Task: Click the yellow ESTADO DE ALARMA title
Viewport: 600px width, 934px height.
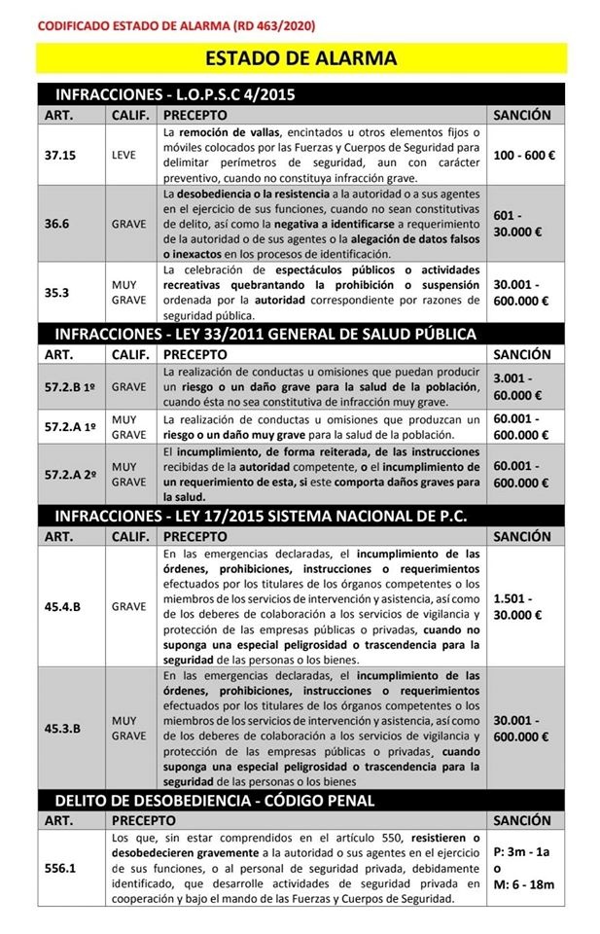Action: (300, 58)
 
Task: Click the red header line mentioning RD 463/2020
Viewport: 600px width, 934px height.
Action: (175, 24)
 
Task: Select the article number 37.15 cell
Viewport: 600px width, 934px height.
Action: (60, 155)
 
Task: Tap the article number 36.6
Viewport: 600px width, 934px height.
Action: (57, 222)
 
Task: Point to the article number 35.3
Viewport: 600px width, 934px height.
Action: (57, 292)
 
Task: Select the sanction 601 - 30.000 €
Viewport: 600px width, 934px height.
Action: (515, 222)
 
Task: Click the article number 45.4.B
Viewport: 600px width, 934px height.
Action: (62, 606)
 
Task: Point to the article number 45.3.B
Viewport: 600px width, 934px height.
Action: (62, 728)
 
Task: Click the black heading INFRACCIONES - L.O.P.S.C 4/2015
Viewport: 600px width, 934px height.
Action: (175, 94)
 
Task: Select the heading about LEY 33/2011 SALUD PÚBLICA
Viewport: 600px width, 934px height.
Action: (265, 334)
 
